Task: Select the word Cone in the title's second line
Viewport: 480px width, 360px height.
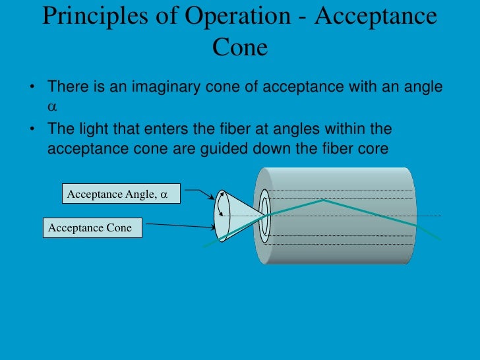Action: tap(240, 47)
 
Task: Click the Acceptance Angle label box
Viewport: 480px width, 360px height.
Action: tap(117, 195)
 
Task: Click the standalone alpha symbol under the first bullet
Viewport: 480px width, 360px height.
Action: tap(52, 105)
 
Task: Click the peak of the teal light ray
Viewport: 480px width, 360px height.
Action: tap(323, 200)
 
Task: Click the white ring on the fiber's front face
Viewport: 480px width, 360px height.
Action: tap(265, 215)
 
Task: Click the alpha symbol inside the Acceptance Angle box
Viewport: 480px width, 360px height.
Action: tap(164, 195)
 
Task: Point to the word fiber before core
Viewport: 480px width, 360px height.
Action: tap(336, 148)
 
